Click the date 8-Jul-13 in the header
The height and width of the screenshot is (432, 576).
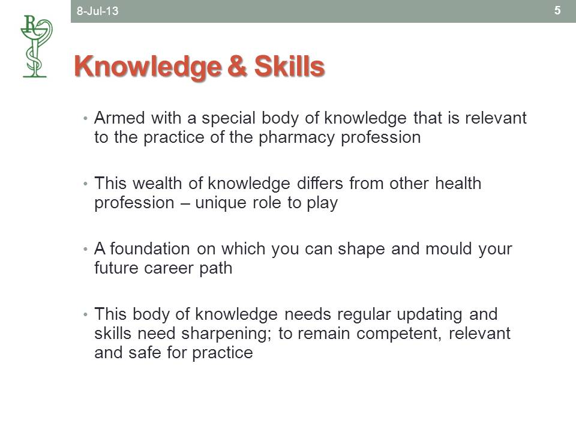click(x=97, y=11)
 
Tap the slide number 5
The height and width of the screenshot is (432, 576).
click(x=557, y=10)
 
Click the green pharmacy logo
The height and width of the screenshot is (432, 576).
click(x=36, y=46)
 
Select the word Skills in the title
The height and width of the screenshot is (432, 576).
click(x=289, y=66)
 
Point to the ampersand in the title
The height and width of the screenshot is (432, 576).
click(x=238, y=67)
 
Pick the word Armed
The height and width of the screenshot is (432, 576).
click(x=119, y=118)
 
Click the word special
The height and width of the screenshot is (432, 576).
click(x=228, y=119)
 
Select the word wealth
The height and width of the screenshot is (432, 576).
click(x=157, y=183)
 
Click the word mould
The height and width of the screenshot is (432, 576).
click(x=449, y=248)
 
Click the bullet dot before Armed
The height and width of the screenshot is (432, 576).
click(x=85, y=119)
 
